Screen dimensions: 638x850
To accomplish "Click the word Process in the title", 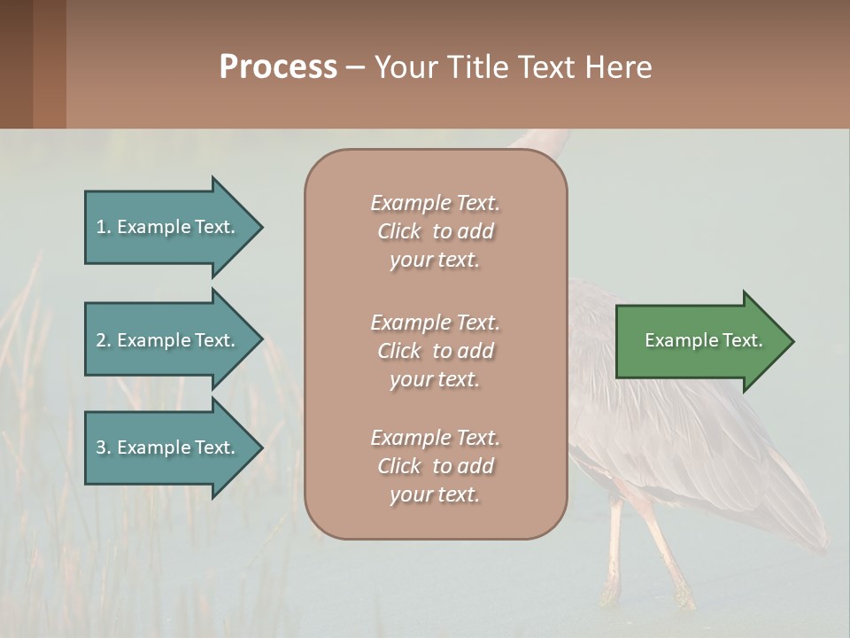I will point(278,67).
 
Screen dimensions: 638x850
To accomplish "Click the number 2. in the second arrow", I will point(103,340).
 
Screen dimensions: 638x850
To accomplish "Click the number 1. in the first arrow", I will point(103,227).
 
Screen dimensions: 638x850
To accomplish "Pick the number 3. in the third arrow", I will point(103,447).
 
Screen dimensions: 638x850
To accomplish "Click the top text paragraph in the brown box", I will point(435,231).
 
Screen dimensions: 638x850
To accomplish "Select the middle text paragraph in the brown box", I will point(435,350).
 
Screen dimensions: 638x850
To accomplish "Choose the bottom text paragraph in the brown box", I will point(435,466).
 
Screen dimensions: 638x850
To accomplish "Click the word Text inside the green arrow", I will point(742,340).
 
